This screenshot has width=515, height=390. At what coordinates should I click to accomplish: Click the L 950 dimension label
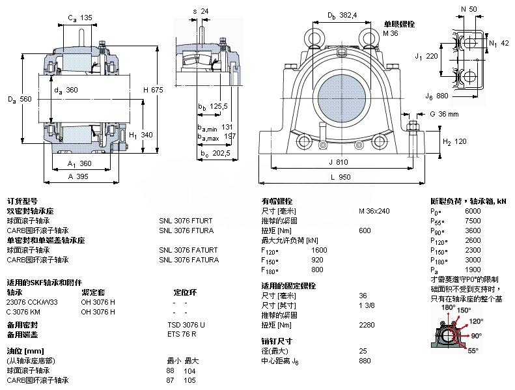[344, 176]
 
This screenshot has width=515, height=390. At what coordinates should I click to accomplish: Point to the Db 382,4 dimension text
[342, 15]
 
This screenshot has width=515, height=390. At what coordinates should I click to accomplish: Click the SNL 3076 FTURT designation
[186, 221]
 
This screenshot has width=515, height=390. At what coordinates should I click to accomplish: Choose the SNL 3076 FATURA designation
[189, 260]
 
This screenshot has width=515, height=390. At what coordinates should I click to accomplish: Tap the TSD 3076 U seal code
[186, 324]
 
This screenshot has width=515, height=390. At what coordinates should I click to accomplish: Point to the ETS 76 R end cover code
[182, 334]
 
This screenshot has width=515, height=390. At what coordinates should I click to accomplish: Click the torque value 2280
[367, 324]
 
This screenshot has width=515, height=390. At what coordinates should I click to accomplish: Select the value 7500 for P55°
[473, 221]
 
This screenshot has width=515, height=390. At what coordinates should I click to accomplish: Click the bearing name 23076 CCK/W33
[32, 301]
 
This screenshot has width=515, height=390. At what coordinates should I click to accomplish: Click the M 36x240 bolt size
[374, 211]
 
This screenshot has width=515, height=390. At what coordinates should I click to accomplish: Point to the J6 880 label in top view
[436, 96]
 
